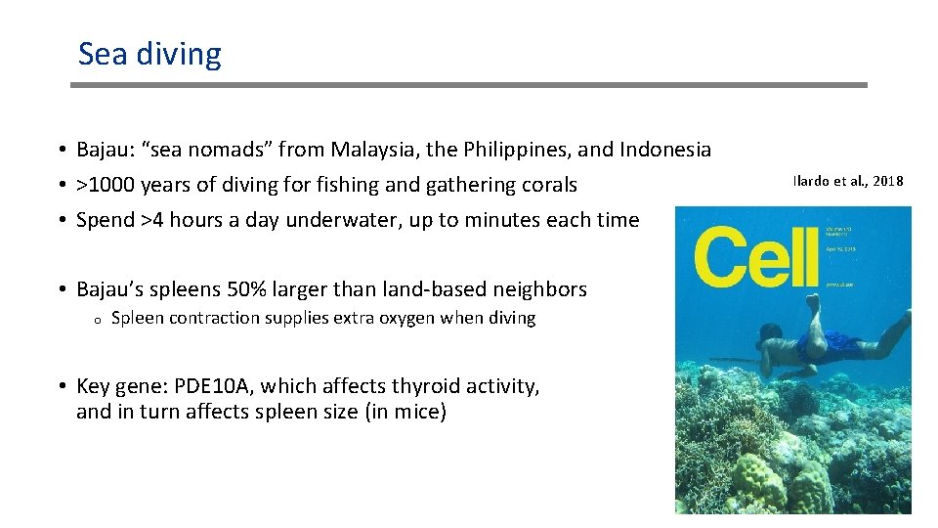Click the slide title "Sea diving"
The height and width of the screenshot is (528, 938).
pos(149,54)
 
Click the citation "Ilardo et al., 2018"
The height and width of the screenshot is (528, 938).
pos(848,181)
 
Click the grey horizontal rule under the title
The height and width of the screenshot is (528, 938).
pos(469,85)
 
